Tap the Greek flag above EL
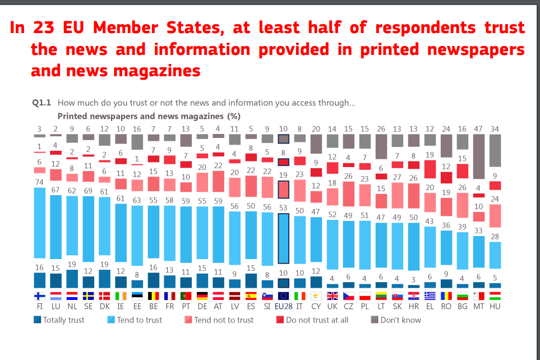tap(430, 296)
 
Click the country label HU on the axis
tap(495, 307)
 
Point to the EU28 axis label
tap(283, 307)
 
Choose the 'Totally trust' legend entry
tap(59, 320)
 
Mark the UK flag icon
tap(332, 296)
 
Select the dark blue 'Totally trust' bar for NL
tap(72, 279)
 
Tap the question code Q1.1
tap(42, 103)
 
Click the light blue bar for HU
tap(495, 255)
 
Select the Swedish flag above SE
tap(89, 296)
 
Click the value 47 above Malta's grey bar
tap(479, 129)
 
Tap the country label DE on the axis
tap(202, 307)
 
